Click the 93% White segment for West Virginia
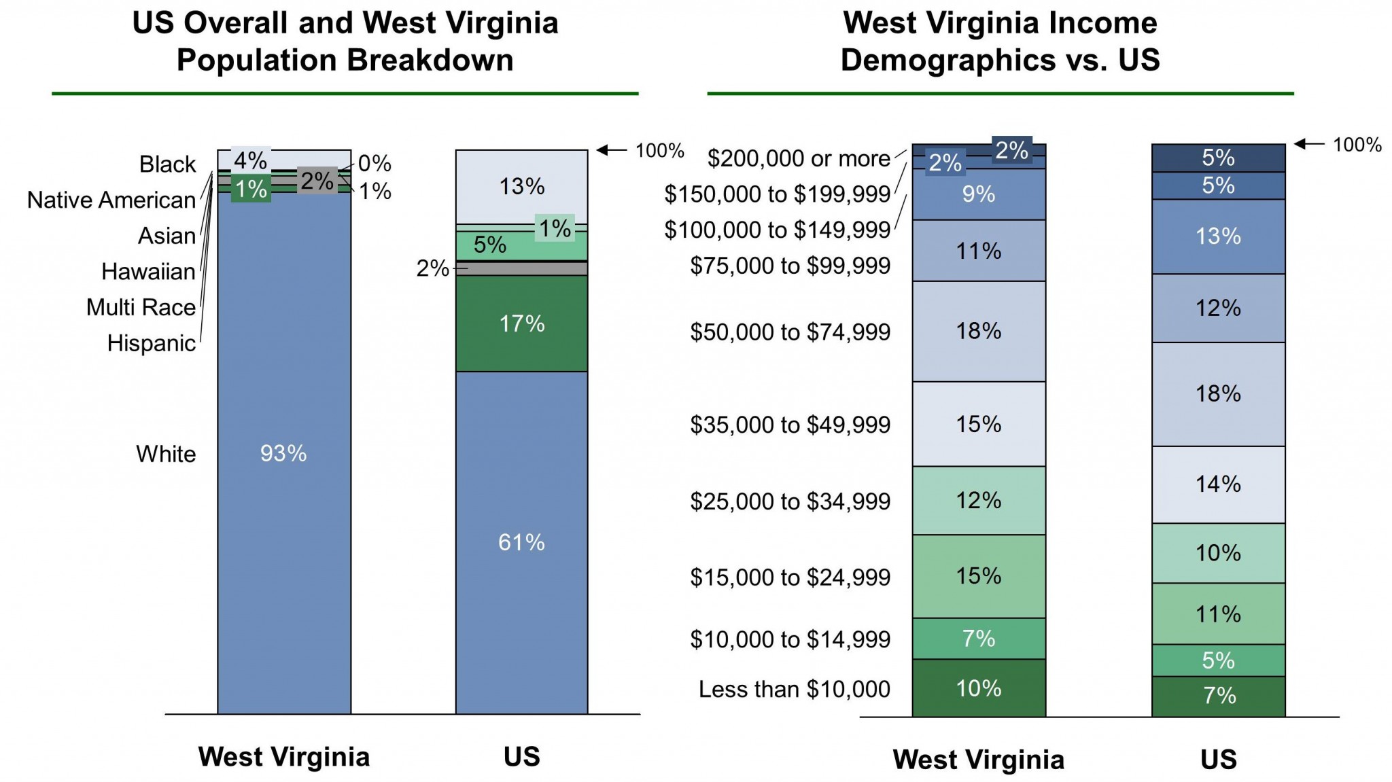pos(283,453)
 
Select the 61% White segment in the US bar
pos(521,542)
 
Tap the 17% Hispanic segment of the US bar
pos(521,323)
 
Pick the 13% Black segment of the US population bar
pos(521,186)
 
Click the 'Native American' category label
pos(111,200)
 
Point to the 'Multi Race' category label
pos(141,307)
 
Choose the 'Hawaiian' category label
pos(148,271)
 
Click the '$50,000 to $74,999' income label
pos(790,332)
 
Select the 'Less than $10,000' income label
pos(794,689)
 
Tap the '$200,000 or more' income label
pos(799,158)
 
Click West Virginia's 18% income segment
pos(978,331)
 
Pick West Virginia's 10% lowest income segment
pos(978,688)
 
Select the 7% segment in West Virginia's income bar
pos(978,639)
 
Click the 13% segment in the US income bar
pos(1218,236)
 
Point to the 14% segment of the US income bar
pos(1218,484)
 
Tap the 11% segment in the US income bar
pos(1218,614)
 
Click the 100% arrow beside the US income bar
pos(1308,144)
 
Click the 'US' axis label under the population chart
pos(521,756)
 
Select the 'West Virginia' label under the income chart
pos(978,760)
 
